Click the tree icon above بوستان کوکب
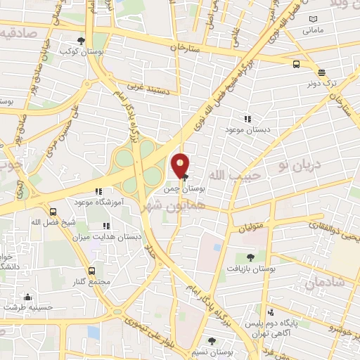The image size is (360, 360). pos(82,40)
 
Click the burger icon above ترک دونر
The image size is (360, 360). pos(321,72)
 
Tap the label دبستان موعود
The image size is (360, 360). pos(243,130)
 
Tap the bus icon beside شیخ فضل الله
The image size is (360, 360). pos(53,211)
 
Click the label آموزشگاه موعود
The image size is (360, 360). pos(98,202)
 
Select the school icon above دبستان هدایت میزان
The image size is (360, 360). pos(107,226)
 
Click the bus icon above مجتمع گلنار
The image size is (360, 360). pos(92,271)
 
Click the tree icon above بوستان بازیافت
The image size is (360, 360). pos(251,257)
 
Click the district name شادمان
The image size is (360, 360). pos(324,282)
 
